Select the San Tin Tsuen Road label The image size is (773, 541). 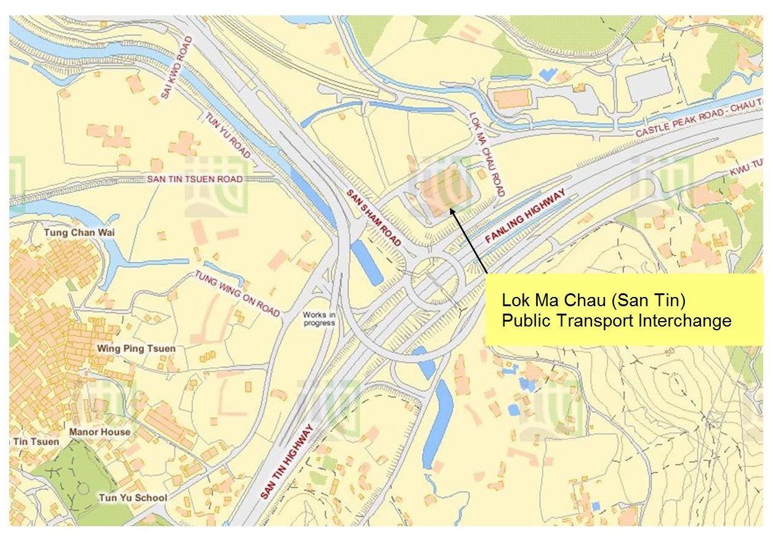tap(194, 179)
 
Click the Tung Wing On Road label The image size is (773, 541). tap(238, 294)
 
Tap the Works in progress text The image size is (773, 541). tap(319, 319)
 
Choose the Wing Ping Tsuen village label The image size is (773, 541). tap(136, 349)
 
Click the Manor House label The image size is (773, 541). tap(100, 432)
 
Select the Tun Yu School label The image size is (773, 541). tap(132, 498)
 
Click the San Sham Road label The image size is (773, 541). tap(373, 217)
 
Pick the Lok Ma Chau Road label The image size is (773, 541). tap(487, 155)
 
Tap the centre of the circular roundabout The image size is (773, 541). tap(436, 280)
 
